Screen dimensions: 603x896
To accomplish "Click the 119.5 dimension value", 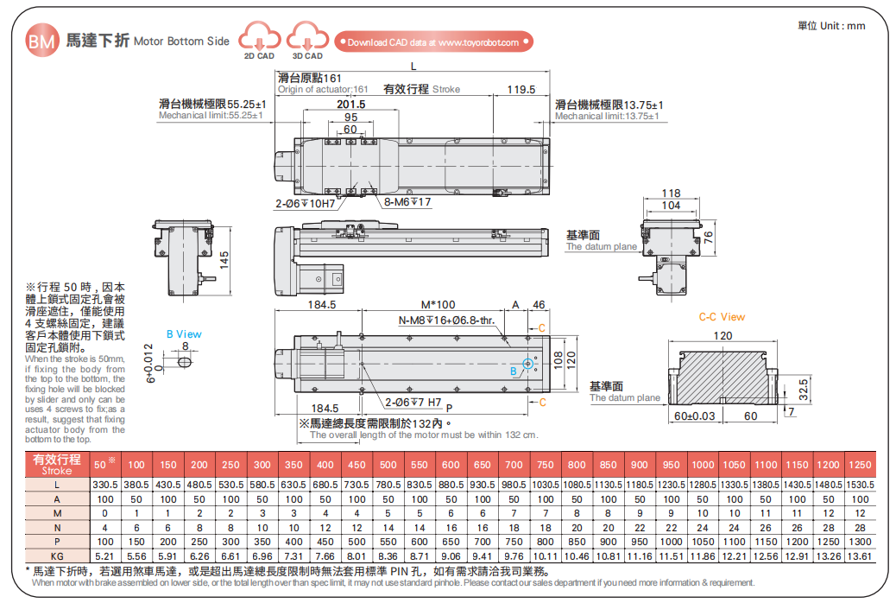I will pyautogui.click(x=521, y=89).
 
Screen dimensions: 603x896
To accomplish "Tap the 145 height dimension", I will pyautogui.click(x=224, y=261).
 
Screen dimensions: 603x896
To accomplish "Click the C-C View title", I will pyautogui.click(x=722, y=317).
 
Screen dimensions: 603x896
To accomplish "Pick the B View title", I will pyautogui.click(x=184, y=334).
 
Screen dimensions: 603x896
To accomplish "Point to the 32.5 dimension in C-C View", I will pyautogui.click(x=803, y=384).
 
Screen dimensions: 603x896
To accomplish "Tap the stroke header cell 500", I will pyautogui.click(x=388, y=464).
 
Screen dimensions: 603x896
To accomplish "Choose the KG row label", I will pyautogui.click(x=57, y=555).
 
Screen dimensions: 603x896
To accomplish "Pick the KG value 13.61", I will pyautogui.click(x=860, y=555).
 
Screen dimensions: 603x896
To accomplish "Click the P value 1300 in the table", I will pyautogui.click(x=860, y=542).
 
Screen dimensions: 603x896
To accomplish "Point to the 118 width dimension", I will pyautogui.click(x=671, y=194).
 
